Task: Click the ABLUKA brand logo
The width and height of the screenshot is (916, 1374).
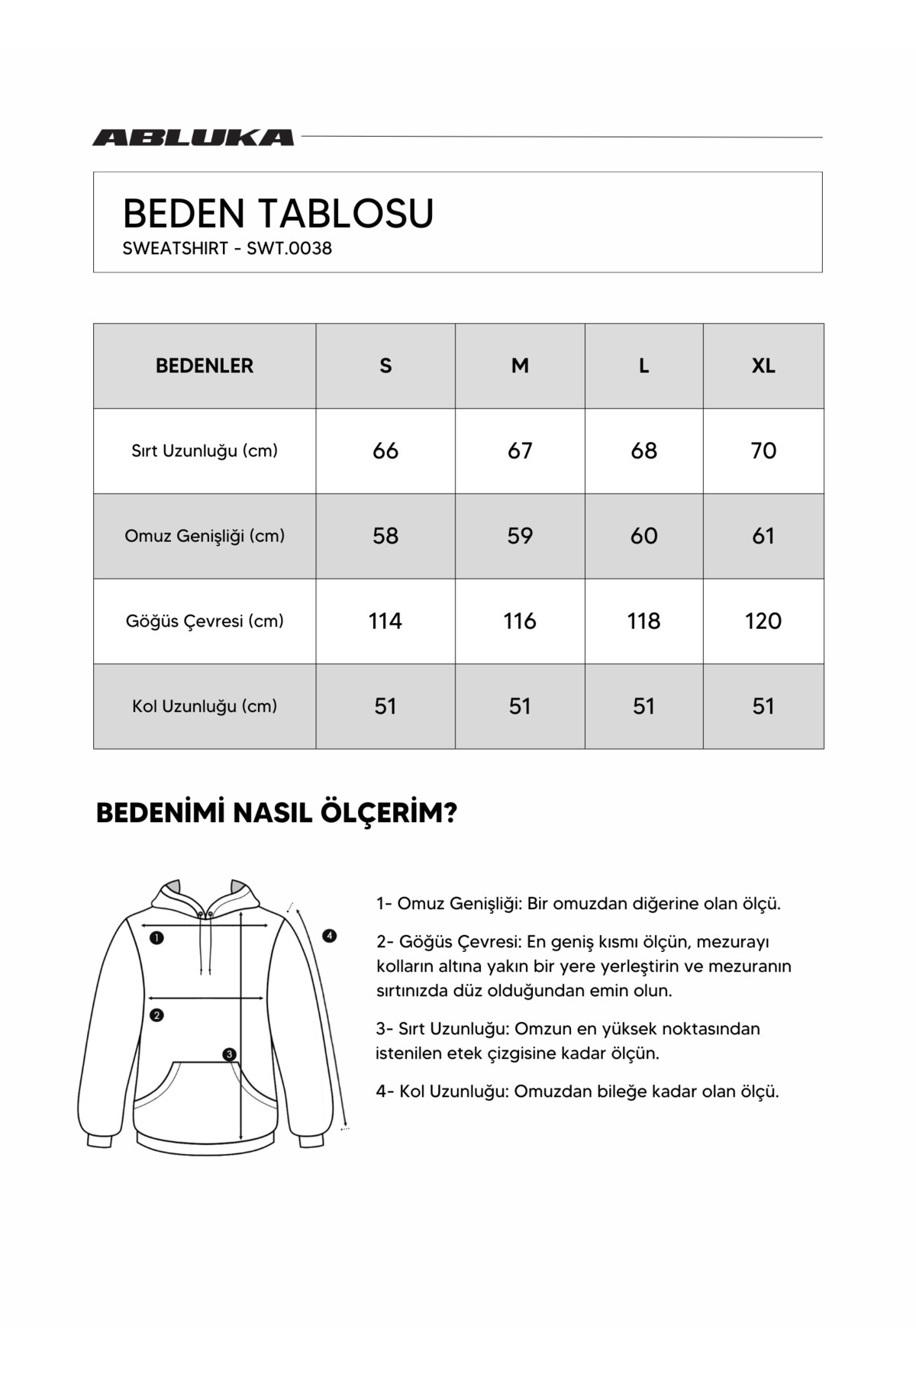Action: (193, 137)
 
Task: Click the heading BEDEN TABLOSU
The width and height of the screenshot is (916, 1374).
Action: (278, 213)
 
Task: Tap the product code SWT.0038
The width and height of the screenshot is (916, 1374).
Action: (289, 249)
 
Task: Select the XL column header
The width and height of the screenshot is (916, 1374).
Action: (763, 366)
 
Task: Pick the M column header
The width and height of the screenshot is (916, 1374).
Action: (520, 366)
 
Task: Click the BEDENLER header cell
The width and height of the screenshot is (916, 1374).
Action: (205, 366)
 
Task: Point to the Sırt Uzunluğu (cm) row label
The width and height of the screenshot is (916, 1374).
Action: (205, 450)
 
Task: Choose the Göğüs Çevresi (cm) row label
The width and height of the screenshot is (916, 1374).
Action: (205, 621)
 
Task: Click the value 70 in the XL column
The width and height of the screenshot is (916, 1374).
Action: (763, 450)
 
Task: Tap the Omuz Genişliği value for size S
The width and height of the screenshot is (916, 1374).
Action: (385, 536)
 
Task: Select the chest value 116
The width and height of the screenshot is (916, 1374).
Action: (520, 621)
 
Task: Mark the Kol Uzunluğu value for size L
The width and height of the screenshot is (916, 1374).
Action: (643, 706)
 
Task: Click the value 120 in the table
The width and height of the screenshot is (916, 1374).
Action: (763, 621)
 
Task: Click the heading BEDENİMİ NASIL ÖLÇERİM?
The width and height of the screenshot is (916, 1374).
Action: (276, 813)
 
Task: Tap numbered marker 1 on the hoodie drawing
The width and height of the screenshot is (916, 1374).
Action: (156, 938)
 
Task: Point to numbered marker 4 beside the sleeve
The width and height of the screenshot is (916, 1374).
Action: (330, 936)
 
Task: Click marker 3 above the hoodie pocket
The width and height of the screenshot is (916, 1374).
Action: (230, 1055)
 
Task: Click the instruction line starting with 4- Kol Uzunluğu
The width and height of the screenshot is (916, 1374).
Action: (577, 1092)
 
